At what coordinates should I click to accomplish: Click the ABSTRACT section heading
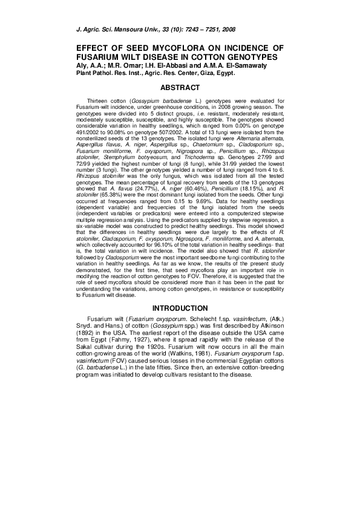180,88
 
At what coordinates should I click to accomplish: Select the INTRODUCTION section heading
180,308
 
